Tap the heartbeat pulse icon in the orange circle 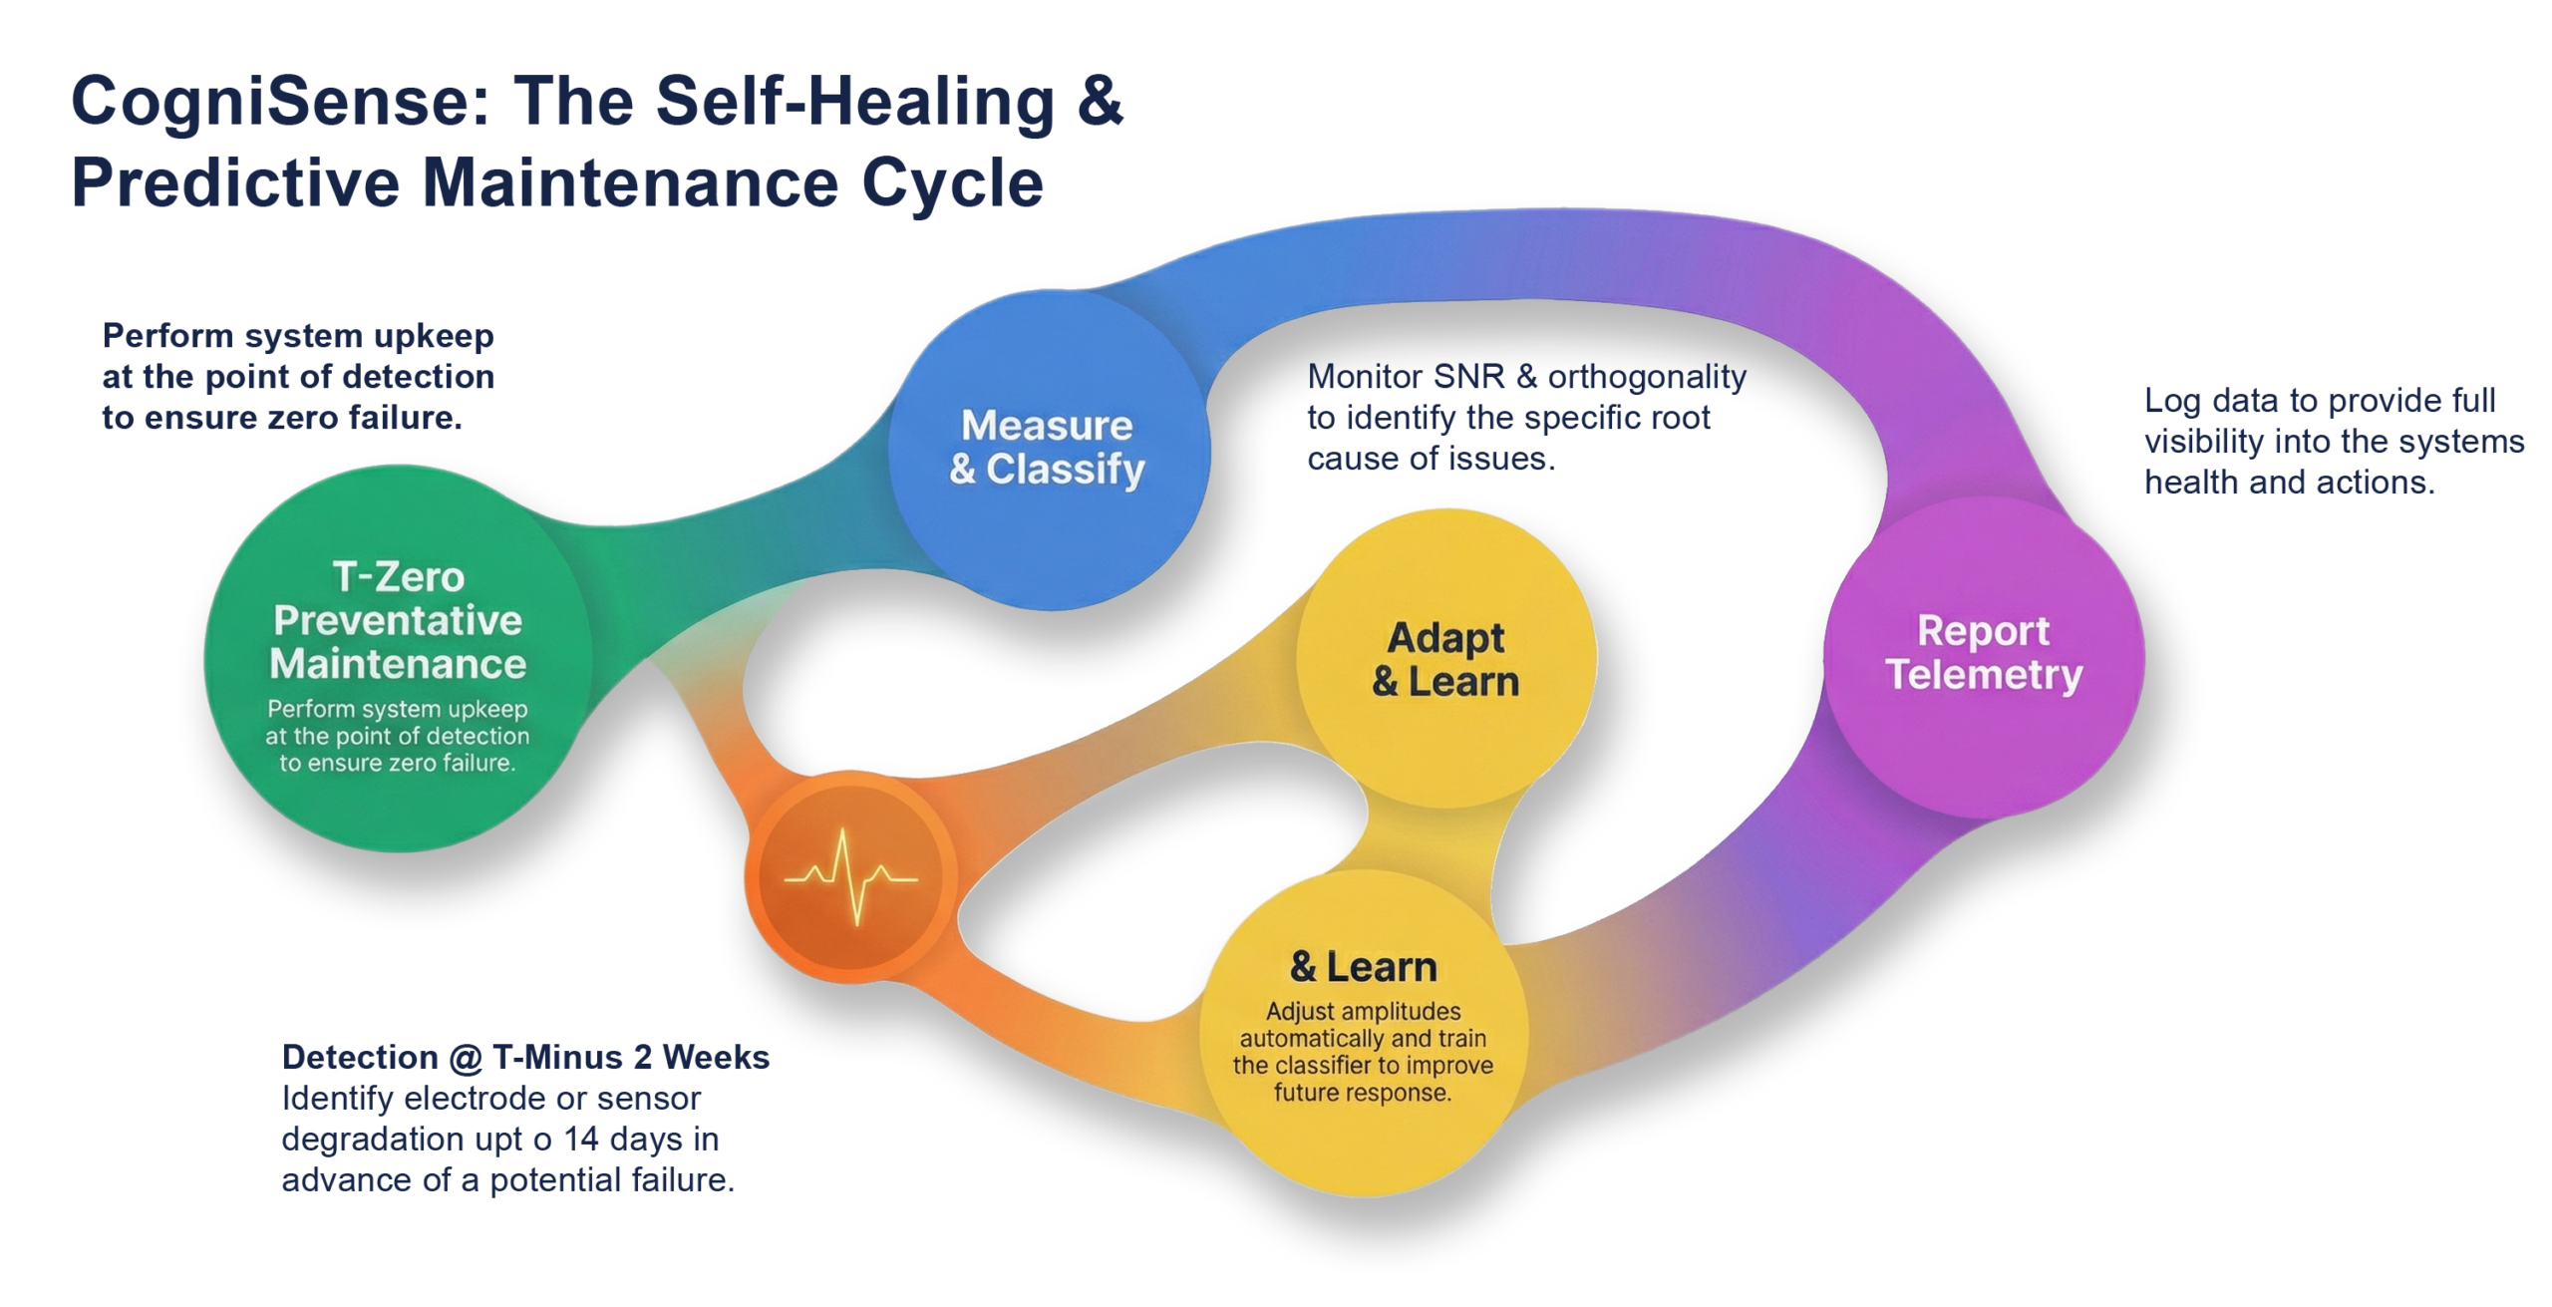point(850,878)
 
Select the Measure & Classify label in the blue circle point(1047,448)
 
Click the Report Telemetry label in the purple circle point(1984,653)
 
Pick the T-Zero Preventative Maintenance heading point(398,620)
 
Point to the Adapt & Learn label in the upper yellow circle point(1445,660)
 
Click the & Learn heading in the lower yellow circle point(1363,967)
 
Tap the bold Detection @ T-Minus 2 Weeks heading point(526,1058)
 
